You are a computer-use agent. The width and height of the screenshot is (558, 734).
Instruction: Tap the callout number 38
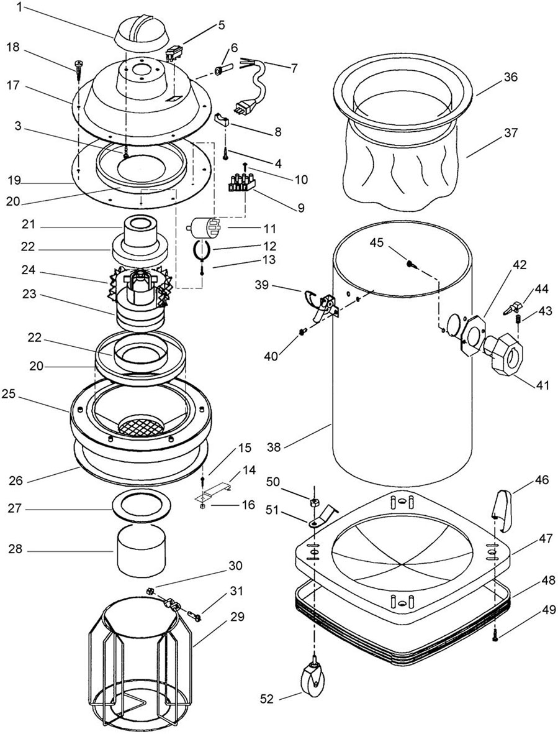tap(275, 447)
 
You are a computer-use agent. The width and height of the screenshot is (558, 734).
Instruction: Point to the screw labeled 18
tap(78, 67)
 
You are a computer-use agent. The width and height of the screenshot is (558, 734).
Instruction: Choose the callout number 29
tap(237, 617)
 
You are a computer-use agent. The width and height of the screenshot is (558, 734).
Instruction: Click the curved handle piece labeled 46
tap(503, 509)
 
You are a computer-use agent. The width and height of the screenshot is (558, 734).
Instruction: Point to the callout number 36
tap(510, 76)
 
